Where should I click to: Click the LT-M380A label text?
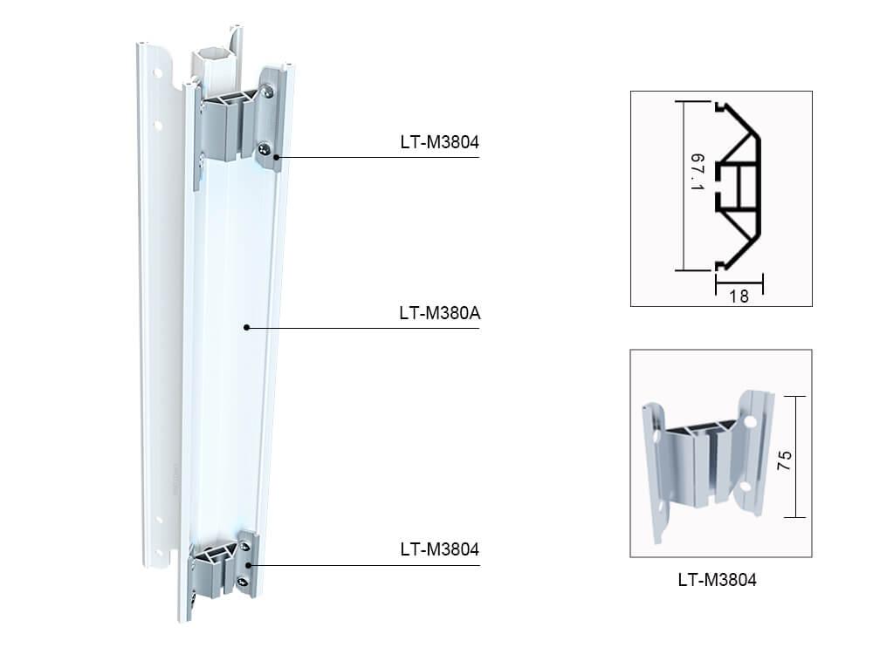[440, 311]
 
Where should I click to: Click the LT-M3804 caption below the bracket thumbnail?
[717, 577]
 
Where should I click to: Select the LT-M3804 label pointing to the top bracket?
[439, 141]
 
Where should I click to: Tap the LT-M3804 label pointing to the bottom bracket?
[439, 549]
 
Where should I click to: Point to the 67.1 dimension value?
[697, 175]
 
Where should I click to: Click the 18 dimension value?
[739, 297]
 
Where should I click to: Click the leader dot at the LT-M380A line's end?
[247, 328]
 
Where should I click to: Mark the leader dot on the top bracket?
[276, 157]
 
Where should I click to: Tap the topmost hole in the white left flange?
[160, 65]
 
